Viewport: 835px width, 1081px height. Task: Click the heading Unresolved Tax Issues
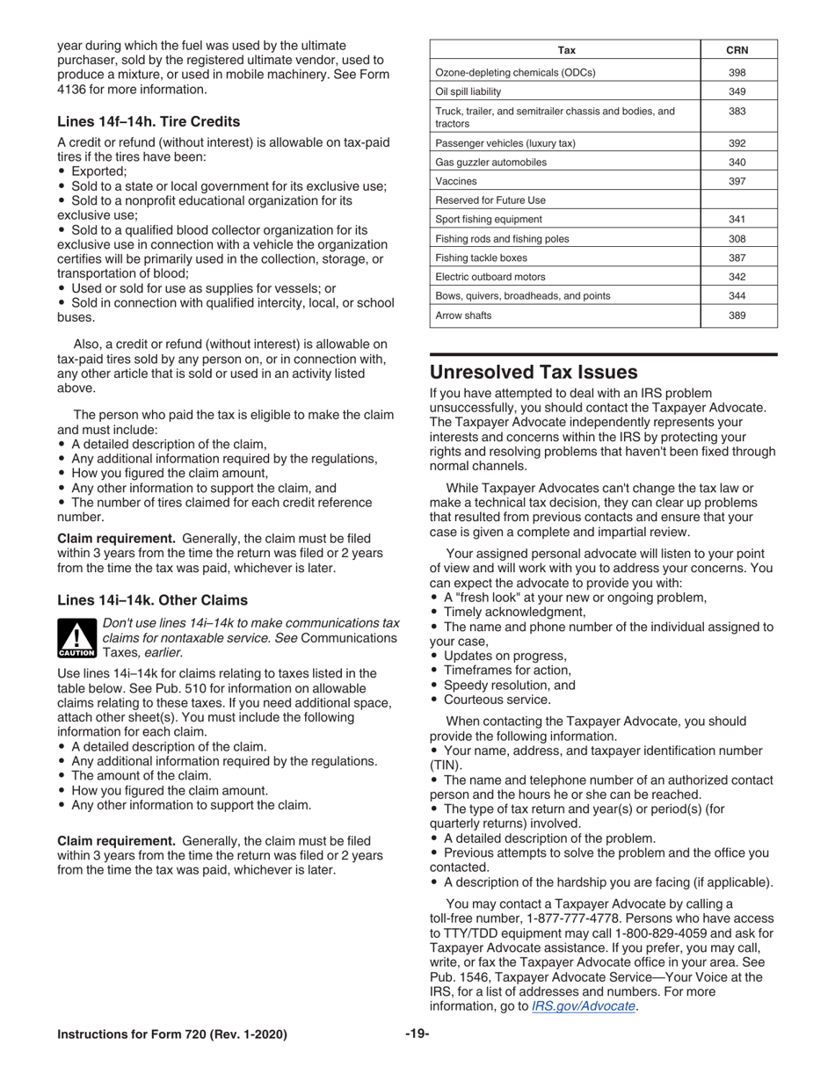(533, 372)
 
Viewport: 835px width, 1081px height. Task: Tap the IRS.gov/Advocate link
(584, 1006)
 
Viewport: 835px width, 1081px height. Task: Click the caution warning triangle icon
(77, 639)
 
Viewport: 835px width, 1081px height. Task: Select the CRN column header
(737, 50)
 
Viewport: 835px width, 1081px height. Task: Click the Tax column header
(567, 50)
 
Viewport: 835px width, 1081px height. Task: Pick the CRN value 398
(737, 73)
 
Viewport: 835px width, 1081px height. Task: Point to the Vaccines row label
(456, 181)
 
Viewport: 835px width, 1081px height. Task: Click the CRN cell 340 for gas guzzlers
(737, 163)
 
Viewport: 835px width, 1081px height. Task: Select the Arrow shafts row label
(463, 316)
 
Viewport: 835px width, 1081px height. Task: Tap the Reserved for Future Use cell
(490, 200)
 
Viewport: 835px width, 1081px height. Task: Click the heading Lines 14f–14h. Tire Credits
(148, 121)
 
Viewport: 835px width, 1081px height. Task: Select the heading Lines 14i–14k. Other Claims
(152, 600)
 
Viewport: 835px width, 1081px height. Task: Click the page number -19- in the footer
(417, 1034)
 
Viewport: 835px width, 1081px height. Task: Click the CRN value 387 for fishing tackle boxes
(737, 258)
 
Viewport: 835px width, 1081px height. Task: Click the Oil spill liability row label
(468, 91)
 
